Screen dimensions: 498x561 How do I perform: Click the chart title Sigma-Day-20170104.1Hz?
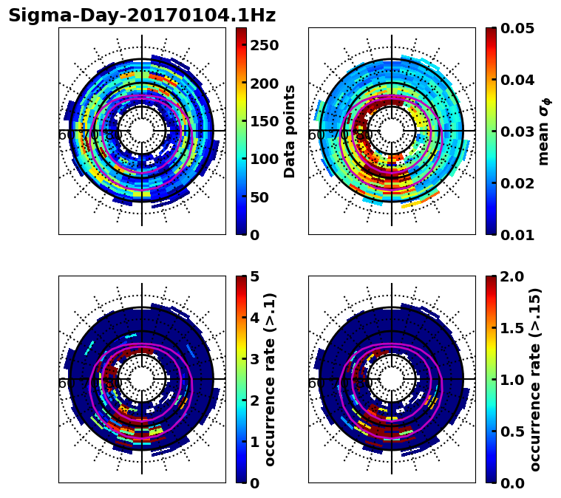142,16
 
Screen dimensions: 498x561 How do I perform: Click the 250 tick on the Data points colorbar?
264,45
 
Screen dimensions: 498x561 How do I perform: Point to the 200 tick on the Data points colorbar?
264,83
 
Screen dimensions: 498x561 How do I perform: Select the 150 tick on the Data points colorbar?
264,121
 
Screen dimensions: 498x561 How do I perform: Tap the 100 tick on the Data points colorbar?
264,159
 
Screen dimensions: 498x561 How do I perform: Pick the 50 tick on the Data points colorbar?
259,197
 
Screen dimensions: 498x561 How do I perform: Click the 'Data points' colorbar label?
290,131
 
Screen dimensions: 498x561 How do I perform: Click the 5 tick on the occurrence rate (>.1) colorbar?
254,276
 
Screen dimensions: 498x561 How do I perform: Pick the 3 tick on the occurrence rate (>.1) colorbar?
254,359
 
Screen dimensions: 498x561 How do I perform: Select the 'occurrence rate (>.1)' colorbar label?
270,379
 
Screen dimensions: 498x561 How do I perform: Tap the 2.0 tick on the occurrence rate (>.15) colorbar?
509,276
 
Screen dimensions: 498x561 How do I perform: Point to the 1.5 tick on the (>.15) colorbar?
509,328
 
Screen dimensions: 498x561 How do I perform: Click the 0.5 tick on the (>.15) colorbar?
509,432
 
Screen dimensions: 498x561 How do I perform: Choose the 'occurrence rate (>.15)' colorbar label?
536,379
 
